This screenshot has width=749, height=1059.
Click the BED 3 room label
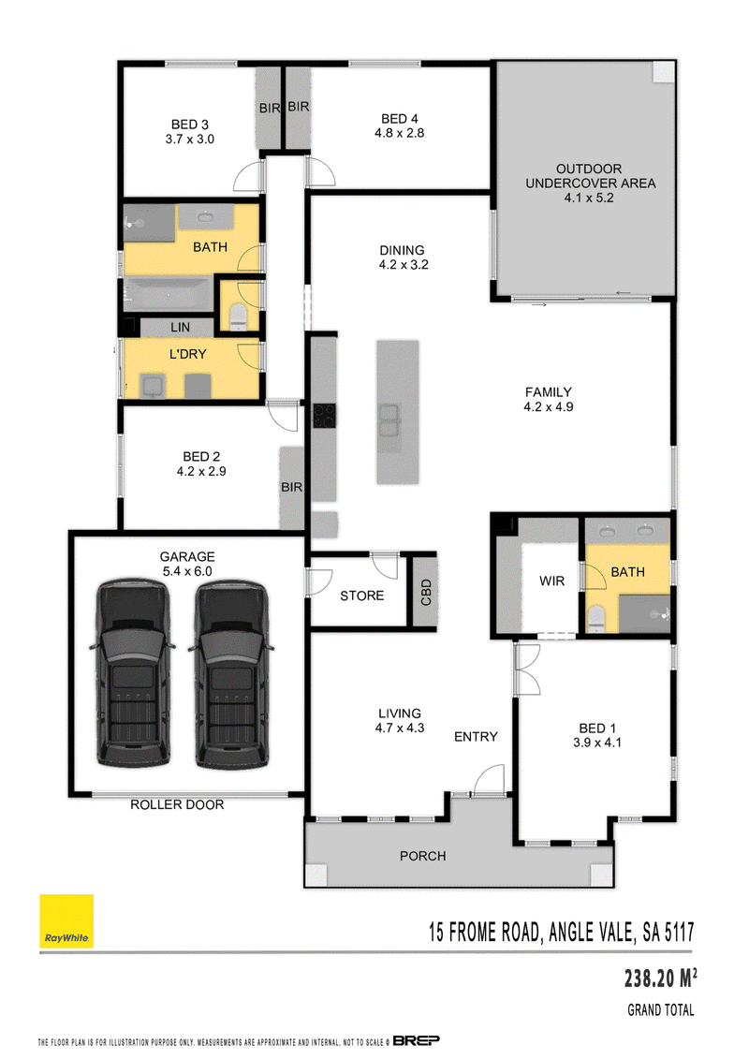(x=190, y=125)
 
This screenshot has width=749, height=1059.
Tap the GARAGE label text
(x=187, y=556)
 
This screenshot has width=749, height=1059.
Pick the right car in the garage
(x=231, y=673)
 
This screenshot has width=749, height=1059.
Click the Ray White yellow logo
(x=66, y=921)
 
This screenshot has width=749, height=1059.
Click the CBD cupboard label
(x=425, y=593)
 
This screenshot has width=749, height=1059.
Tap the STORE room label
(x=362, y=596)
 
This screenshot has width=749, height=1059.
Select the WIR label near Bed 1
(x=551, y=581)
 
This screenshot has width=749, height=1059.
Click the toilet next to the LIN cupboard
(x=239, y=317)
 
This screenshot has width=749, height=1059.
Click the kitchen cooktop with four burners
(x=324, y=416)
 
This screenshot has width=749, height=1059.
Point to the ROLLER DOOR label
(x=177, y=804)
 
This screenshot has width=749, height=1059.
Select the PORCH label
(x=423, y=856)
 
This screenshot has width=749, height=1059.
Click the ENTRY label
(x=476, y=737)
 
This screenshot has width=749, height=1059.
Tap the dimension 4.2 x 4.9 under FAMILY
(x=549, y=406)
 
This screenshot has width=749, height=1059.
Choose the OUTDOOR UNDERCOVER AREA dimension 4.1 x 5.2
(x=589, y=198)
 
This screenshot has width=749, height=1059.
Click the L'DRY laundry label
(x=188, y=354)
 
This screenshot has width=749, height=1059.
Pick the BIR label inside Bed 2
(x=292, y=487)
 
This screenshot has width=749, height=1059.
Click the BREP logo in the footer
(x=416, y=1040)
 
